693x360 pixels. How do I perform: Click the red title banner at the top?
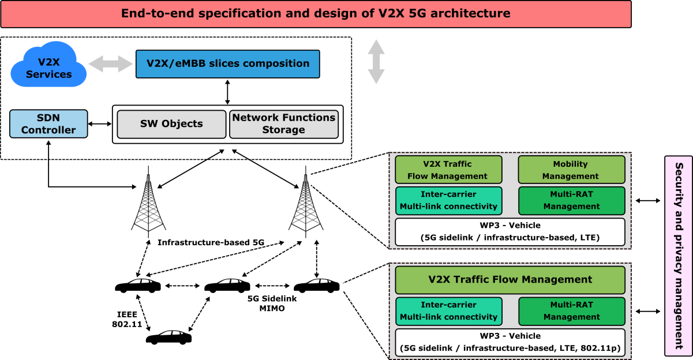316,14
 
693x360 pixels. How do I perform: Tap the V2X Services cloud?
48,67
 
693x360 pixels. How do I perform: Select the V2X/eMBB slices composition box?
227,63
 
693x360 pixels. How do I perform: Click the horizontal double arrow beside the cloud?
110,64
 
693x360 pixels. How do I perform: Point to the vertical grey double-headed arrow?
376,62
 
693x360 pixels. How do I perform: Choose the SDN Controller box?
48,124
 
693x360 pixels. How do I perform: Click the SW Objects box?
171,124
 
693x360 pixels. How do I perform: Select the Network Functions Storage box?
283,124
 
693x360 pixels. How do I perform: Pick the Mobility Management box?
571,170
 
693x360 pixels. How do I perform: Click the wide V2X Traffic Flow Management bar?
510,280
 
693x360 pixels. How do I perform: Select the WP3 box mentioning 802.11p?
510,343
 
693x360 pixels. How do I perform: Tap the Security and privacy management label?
679,256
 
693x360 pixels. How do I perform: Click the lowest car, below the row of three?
168,337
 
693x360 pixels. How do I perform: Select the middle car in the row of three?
227,286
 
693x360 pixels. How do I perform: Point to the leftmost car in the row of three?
138,286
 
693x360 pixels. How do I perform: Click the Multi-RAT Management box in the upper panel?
571,201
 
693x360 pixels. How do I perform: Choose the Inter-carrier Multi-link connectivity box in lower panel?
448,311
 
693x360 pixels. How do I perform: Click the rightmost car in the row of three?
316,286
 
